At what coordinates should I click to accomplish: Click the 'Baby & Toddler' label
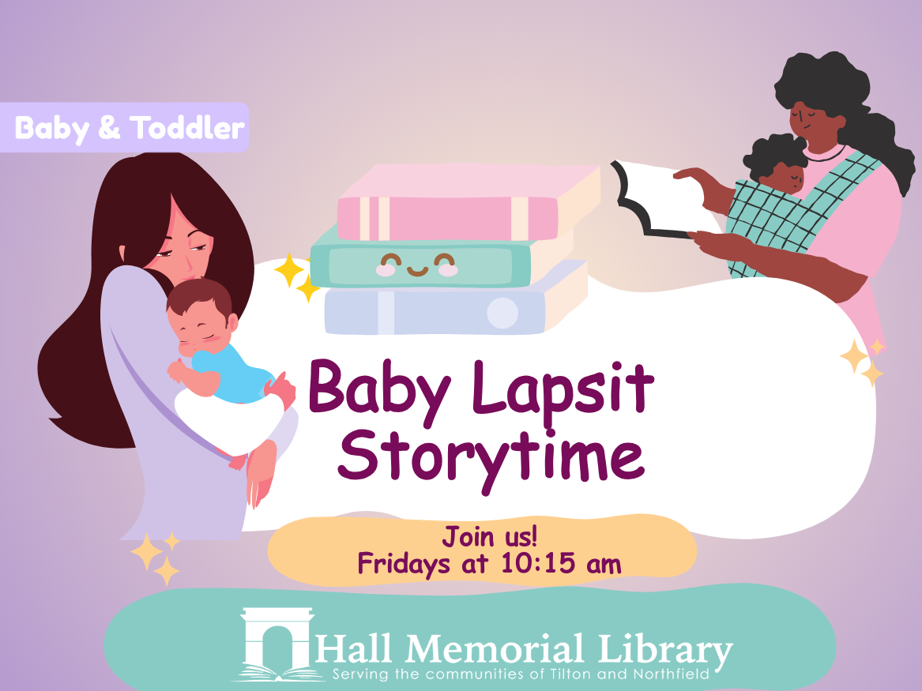[129, 127]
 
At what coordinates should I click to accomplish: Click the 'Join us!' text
[489, 538]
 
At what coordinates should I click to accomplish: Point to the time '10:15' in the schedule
[536, 564]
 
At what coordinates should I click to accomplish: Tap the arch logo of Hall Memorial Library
[277, 644]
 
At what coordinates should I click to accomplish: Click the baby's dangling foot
[260, 474]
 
